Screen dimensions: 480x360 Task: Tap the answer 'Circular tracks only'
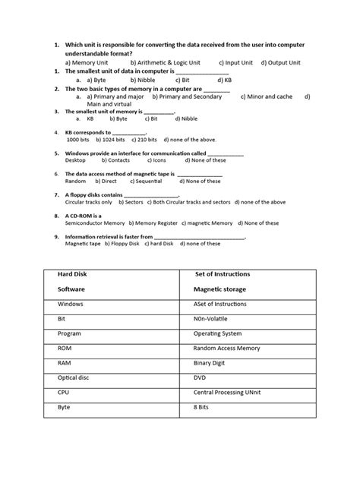pos(88,203)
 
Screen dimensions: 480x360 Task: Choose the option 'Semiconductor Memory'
pos(95,223)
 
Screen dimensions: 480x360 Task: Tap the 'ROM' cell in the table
pos(65,349)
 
